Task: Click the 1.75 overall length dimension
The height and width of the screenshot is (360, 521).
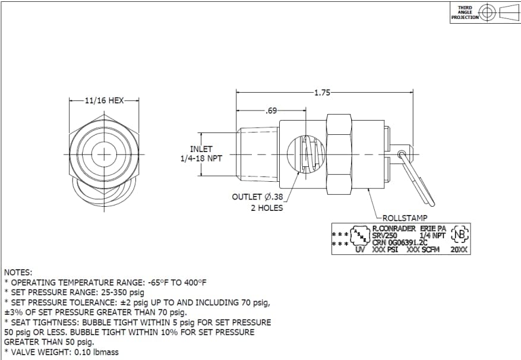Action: coord(322,92)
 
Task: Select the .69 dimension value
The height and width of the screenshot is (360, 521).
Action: coord(271,111)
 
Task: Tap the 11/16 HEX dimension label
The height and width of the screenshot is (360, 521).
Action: coord(104,101)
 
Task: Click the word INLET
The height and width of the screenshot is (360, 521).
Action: coord(201,149)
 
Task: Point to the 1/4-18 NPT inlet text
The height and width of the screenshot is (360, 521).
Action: coord(201,159)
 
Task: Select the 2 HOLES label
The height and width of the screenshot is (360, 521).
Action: coord(266,208)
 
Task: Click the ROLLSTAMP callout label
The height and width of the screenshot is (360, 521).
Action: coord(405,218)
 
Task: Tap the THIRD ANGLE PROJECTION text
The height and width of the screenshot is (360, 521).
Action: coord(465,12)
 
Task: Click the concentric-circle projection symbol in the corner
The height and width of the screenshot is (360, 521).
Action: coord(488,12)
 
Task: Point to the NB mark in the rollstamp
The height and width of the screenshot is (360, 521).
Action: coord(460,235)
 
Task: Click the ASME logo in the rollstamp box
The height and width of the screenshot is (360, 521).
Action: coord(360,236)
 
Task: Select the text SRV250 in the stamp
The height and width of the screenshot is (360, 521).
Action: coord(384,236)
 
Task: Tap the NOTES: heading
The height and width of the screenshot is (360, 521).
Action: coord(18,271)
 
